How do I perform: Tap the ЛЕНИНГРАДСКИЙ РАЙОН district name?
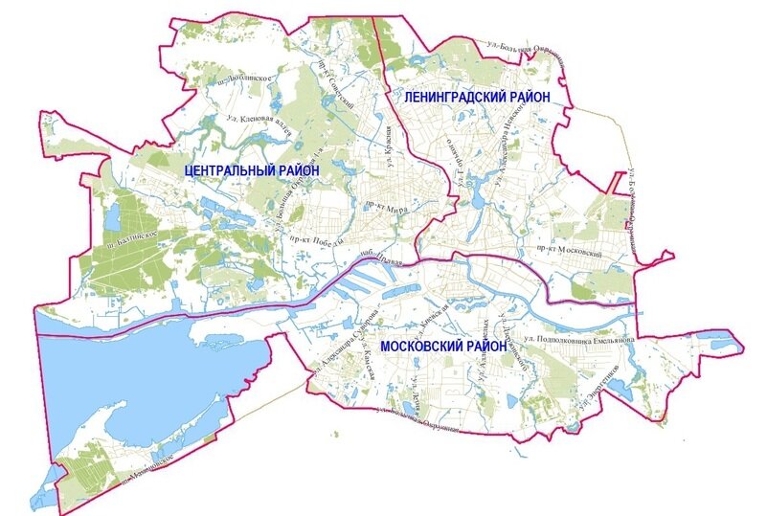476,97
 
